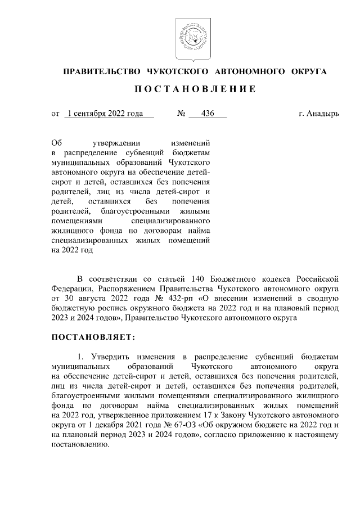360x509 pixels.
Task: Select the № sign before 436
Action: click(x=181, y=113)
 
